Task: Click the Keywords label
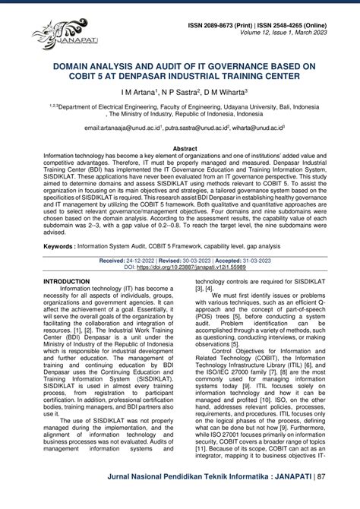[x=63, y=246]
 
